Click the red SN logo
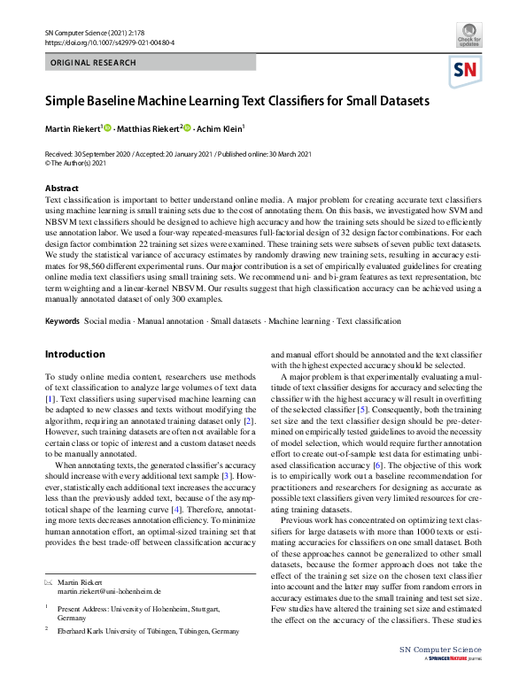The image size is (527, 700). click(467, 71)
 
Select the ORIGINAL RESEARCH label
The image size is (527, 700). click(94, 63)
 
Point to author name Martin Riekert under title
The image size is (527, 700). click(73, 129)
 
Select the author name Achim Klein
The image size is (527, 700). click(219, 129)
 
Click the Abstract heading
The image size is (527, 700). click(62, 188)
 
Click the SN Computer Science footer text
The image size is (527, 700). click(446, 675)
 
